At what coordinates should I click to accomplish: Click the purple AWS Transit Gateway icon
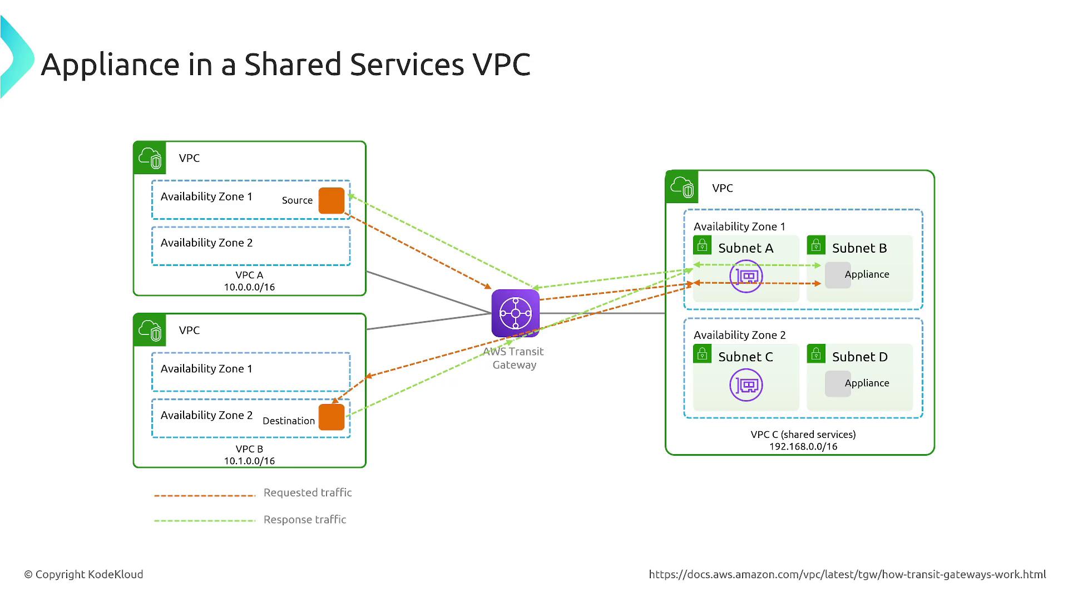tap(515, 313)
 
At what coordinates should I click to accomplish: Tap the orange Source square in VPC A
tap(332, 201)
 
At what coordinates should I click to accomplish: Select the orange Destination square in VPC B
tap(332, 417)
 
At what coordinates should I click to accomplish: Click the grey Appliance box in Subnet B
tap(838, 275)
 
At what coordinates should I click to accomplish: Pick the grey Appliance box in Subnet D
tap(838, 384)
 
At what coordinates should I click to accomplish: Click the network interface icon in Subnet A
tap(746, 276)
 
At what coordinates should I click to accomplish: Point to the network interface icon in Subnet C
tap(746, 385)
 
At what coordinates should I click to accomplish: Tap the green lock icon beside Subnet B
tap(816, 245)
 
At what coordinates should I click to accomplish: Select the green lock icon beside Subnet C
tap(702, 354)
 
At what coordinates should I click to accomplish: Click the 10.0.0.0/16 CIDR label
tap(249, 287)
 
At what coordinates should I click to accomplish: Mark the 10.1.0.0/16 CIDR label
tap(249, 461)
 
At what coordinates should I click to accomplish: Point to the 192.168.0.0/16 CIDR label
tap(803, 446)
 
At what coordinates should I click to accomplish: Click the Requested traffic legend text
tap(308, 492)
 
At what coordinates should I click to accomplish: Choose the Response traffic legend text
tap(305, 520)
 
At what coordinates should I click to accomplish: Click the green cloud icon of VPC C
tap(682, 187)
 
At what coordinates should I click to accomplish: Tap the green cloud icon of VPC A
tap(150, 158)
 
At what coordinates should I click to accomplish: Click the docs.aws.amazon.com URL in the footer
tap(847, 574)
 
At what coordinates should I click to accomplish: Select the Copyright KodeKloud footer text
tap(83, 574)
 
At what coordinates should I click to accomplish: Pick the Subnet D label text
tap(859, 357)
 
